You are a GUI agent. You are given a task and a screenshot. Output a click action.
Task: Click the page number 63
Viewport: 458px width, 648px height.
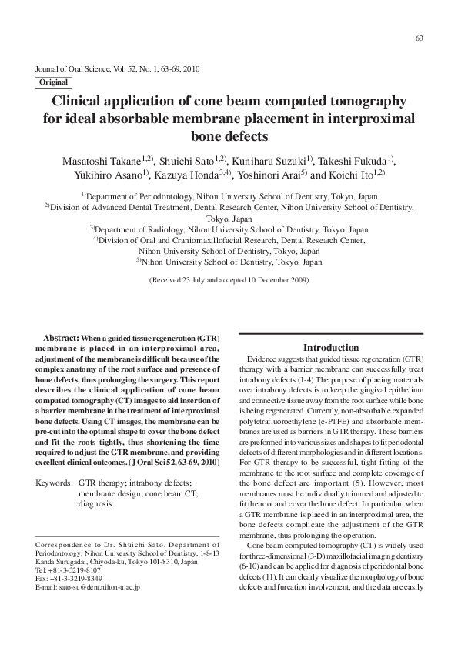420,38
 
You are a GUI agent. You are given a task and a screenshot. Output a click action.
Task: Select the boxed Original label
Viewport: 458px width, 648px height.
53,82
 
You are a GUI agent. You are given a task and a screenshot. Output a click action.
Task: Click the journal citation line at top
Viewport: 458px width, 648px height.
118,68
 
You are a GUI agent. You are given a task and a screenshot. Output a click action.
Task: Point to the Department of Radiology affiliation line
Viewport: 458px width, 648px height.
229,229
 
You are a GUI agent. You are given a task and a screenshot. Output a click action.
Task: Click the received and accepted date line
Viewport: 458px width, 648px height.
229,280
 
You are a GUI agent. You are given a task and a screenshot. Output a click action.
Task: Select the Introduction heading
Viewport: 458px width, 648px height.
330,348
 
